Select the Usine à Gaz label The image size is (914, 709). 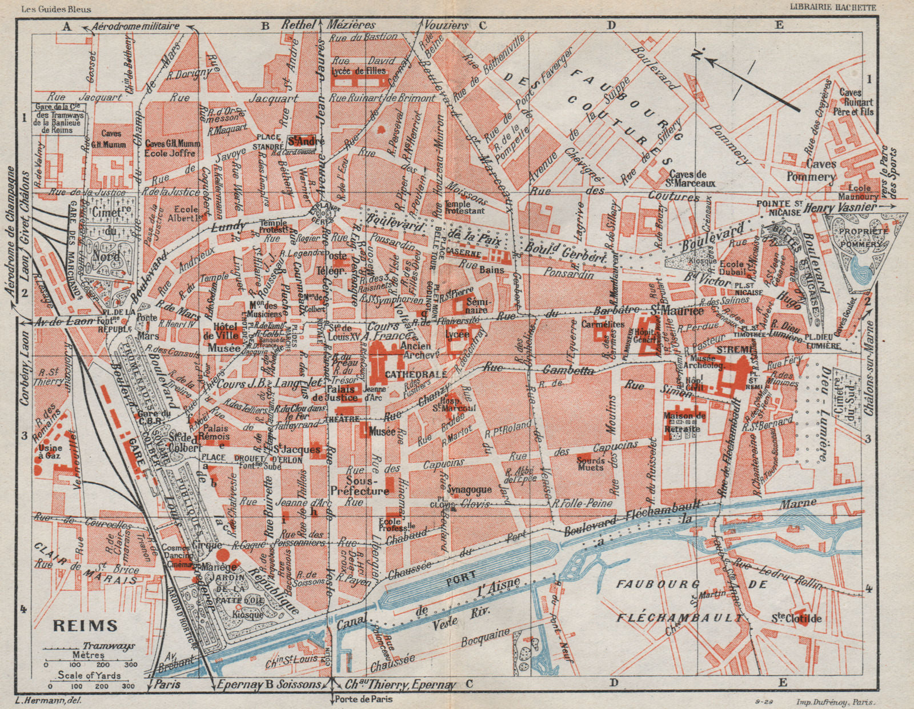click(x=53, y=450)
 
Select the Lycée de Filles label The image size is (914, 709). click(x=359, y=71)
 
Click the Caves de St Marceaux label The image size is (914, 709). click(x=692, y=179)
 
